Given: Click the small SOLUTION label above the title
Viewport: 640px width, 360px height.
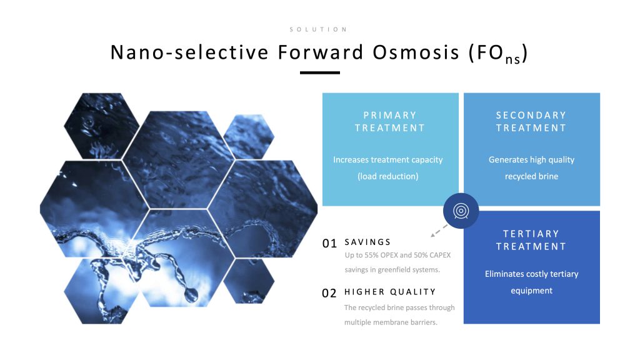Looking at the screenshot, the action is coord(318,29).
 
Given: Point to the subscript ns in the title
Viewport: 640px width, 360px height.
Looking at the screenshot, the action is coord(512,59).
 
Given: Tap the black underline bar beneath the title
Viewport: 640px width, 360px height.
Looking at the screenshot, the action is coord(319,72).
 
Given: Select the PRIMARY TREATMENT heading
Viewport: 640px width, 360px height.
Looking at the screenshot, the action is coord(390,122).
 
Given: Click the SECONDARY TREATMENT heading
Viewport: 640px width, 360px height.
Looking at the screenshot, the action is coord(531,122).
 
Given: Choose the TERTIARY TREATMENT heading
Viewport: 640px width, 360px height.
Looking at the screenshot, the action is coord(531,240).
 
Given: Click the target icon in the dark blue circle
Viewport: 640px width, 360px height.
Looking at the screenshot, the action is coord(461,211).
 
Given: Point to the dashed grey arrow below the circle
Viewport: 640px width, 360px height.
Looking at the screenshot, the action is coord(439,231).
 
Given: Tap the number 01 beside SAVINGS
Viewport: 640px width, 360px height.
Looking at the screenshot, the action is coord(329,244).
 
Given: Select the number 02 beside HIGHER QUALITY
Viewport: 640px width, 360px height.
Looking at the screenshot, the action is coord(329,294).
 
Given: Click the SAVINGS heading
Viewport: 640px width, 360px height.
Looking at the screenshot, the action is coord(367,242).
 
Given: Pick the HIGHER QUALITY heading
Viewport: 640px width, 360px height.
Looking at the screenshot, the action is coord(390,292).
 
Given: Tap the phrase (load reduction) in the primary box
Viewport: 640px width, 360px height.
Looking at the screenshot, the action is coord(388,176).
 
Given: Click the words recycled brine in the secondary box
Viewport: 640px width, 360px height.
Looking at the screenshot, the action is coord(531,176).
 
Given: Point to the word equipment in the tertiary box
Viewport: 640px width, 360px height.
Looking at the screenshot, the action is coord(531,291).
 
